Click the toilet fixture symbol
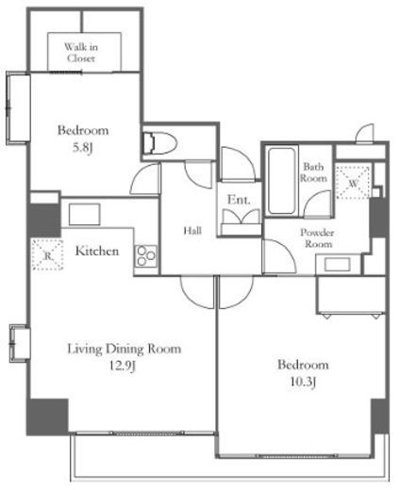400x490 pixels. (x=159, y=143)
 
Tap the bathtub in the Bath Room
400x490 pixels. (x=282, y=181)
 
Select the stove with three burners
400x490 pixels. (x=146, y=256)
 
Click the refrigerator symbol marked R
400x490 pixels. (x=48, y=254)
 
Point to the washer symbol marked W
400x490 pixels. (x=353, y=182)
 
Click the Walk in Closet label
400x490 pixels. (x=81, y=53)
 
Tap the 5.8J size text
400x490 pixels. (x=83, y=148)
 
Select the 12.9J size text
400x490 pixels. (x=123, y=366)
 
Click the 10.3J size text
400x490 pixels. (x=303, y=382)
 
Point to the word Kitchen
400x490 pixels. (x=97, y=251)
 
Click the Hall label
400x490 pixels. (x=192, y=231)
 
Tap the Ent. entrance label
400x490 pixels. (x=239, y=200)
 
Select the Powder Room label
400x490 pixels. (x=317, y=238)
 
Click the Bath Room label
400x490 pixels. (x=313, y=172)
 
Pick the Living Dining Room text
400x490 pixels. (x=125, y=349)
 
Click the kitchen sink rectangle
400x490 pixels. (x=85, y=214)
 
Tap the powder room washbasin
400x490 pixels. (x=338, y=265)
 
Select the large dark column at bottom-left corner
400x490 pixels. (x=47, y=416)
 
